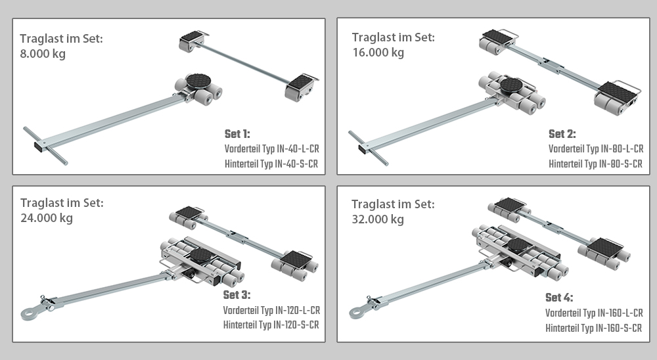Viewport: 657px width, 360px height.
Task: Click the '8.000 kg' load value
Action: [x=43, y=53]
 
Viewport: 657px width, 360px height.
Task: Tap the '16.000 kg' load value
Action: [x=378, y=53]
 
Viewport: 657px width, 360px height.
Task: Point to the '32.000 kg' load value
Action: [x=378, y=219]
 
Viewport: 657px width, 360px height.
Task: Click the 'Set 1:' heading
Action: [x=237, y=134]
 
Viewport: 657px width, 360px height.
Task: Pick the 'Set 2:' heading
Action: [x=562, y=134]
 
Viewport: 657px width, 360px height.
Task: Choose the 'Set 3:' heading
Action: [x=237, y=295]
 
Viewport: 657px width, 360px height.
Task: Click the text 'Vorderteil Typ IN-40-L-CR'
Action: [x=271, y=149]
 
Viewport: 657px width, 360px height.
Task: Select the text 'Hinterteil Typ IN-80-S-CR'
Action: [x=595, y=164]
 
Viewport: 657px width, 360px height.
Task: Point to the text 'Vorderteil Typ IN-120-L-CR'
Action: [x=271, y=310]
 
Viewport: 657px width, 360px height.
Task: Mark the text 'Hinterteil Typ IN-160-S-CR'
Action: [x=593, y=327]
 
